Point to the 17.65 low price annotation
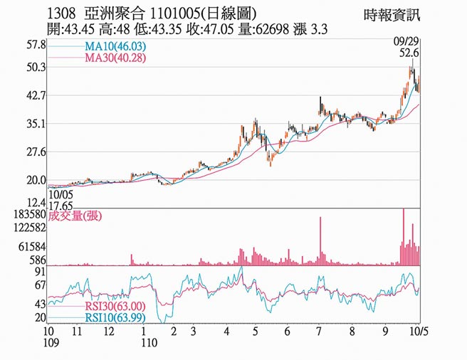coord(61,203)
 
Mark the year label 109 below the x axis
coord(49,343)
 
